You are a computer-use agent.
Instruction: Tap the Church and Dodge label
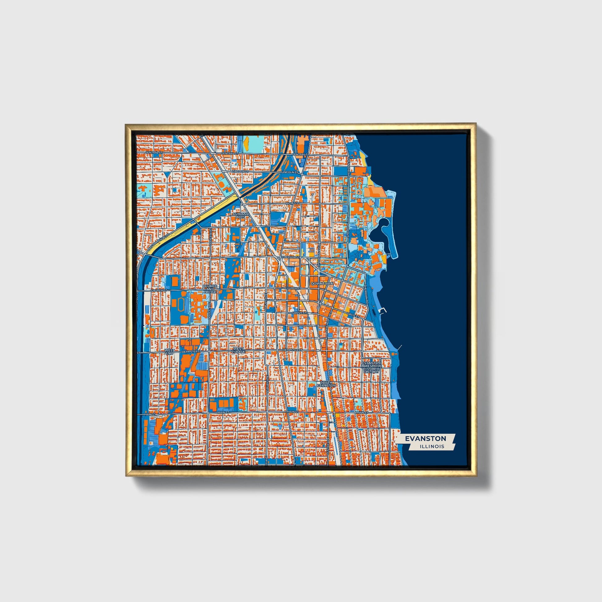tap(210, 289)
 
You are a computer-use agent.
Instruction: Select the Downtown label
tap(322, 284)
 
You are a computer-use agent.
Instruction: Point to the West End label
tap(169, 352)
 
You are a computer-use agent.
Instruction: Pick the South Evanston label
tap(326, 384)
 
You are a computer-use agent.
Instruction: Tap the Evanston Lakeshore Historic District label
tap(371, 368)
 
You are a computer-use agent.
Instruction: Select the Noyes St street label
tap(293, 203)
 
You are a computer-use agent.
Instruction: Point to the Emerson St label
tap(290, 257)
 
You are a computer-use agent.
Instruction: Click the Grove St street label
tap(298, 312)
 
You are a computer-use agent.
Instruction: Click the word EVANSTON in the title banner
tap(425, 438)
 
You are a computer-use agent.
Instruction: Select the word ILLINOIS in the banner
tap(432, 446)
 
